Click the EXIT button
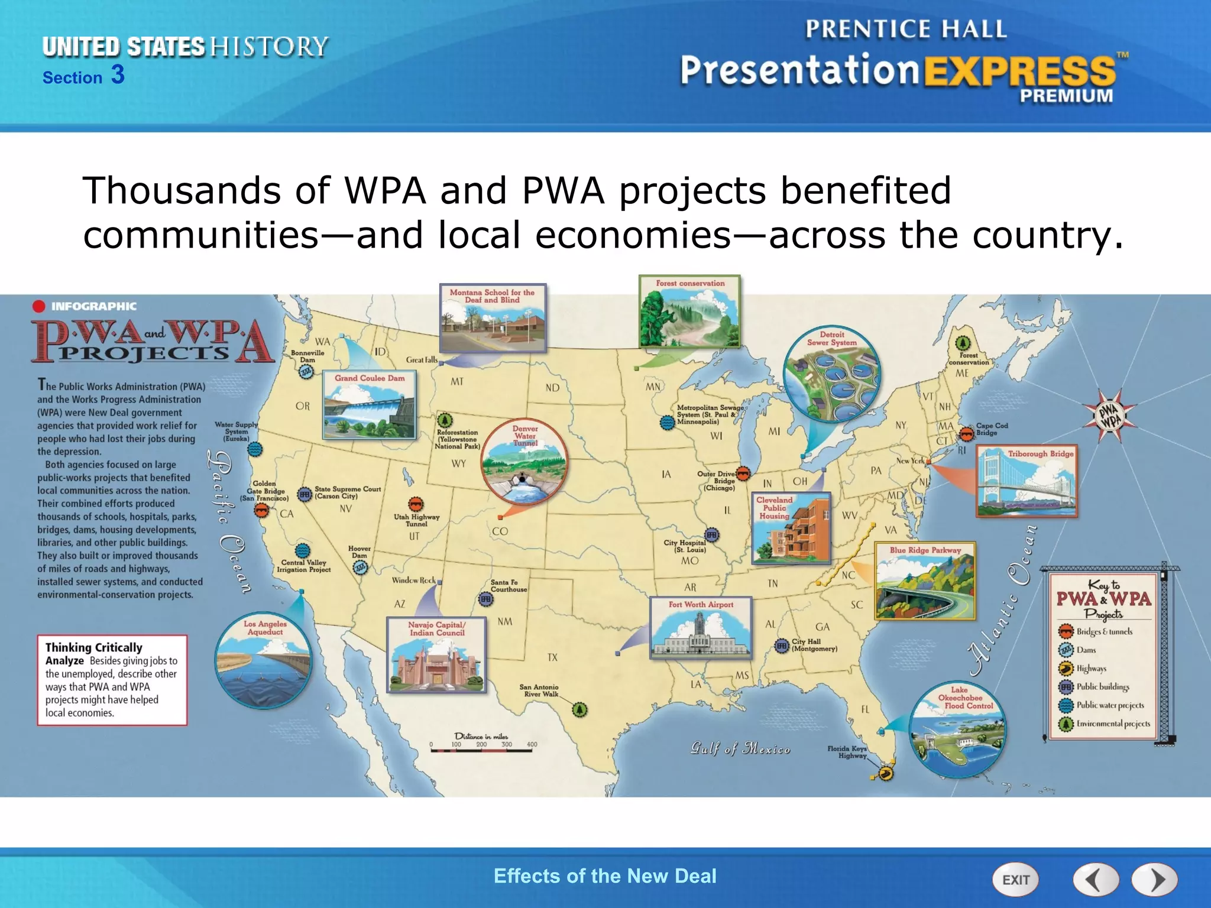(1015, 880)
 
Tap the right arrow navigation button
(1154, 880)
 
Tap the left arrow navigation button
(1096, 880)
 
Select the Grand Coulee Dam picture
(370, 406)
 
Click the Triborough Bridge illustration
(1027, 482)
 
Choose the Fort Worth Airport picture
(701, 628)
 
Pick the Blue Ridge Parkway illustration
(925, 581)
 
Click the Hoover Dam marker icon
(360, 568)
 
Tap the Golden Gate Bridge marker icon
(261, 510)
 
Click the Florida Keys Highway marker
(885, 773)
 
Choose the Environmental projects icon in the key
(1066, 724)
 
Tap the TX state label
(552, 657)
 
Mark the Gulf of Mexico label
(740, 748)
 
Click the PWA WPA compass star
(1110, 415)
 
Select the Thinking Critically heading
(94, 647)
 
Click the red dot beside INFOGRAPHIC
(39, 306)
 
